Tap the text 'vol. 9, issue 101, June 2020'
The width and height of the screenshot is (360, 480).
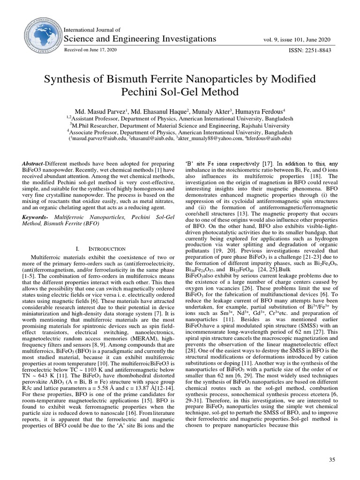(x=299, y=39)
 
